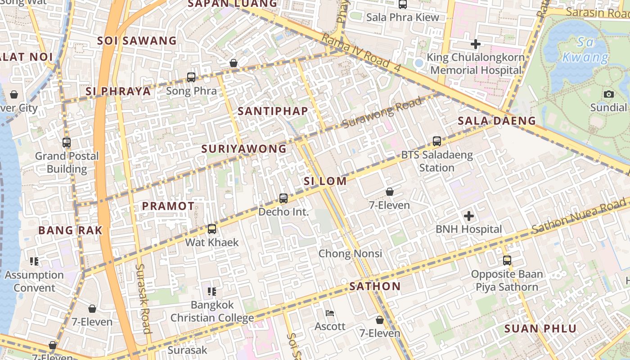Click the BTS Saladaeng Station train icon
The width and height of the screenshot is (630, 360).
click(x=436, y=141)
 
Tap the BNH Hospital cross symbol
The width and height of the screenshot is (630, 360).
click(x=469, y=216)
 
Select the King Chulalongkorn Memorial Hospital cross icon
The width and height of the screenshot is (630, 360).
click(x=476, y=44)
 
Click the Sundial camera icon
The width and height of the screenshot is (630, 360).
click(x=609, y=94)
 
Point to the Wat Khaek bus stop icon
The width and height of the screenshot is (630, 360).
click(x=212, y=229)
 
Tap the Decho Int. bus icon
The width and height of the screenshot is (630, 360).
click(x=283, y=198)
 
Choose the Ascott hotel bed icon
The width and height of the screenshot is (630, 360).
click(x=330, y=313)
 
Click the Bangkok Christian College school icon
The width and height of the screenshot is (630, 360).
click(x=212, y=292)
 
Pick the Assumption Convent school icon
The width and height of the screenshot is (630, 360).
click(x=34, y=261)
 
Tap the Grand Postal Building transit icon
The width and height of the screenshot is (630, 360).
click(x=67, y=143)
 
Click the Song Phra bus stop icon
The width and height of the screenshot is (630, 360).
click(x=191, y=77)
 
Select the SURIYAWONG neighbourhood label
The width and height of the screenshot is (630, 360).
click(x=244, y=148)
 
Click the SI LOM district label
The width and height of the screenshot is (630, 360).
click(x=325, y=181)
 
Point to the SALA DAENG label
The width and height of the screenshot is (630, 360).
click(x=497, y=121)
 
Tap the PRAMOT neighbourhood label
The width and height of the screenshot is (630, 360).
click(x=168, y=206)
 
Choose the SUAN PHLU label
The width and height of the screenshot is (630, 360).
click(x=540, y=328)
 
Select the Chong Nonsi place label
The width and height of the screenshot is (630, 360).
click(x=351, y=253)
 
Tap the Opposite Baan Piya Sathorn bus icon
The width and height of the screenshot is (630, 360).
click(x=507, y=260)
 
